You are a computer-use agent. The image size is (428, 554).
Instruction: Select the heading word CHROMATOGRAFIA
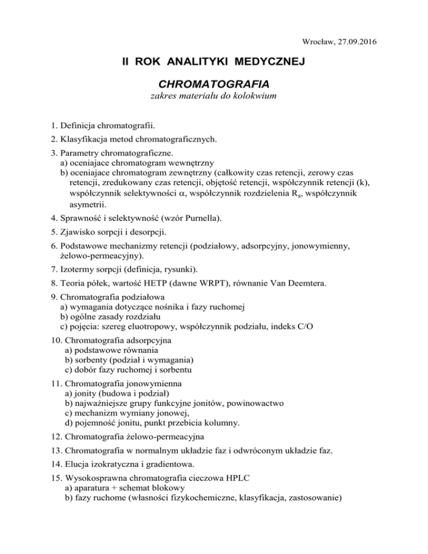coord(215,84)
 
